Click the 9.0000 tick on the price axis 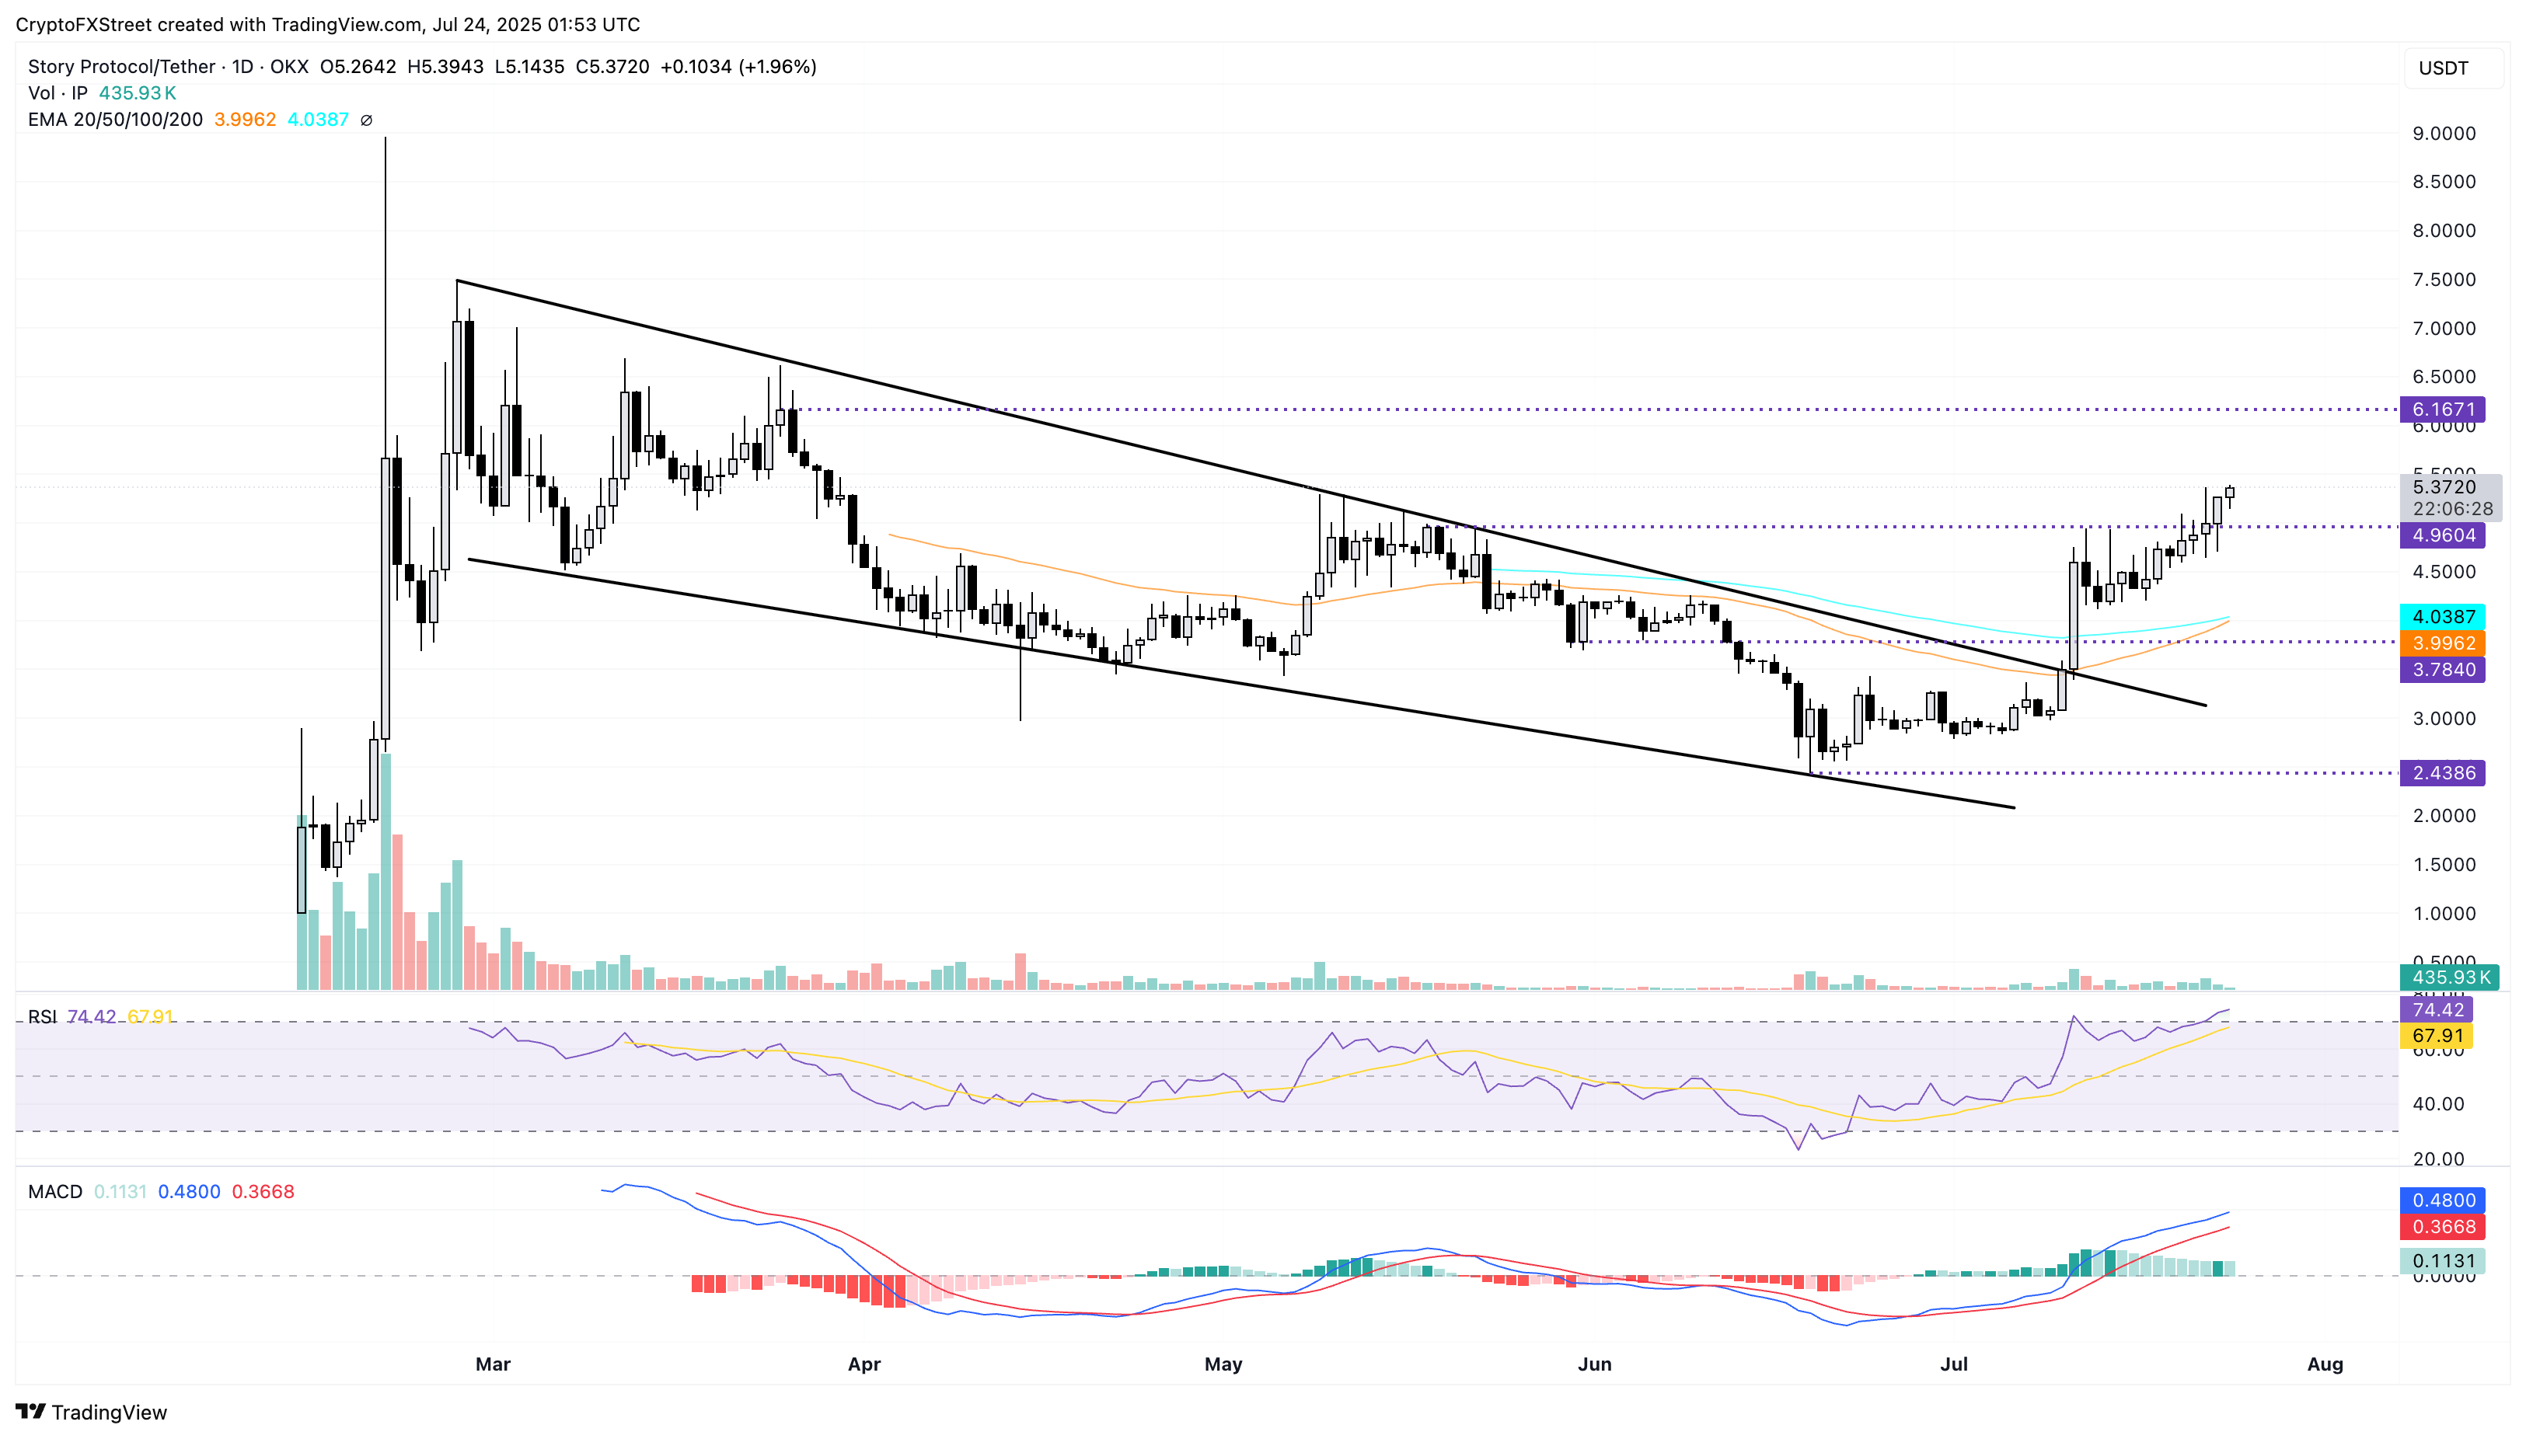[x=2443, y=134]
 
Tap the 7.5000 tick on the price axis [x=2443, y=280]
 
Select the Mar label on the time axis [x=492, y=1364]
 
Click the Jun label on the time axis [x=1593, y=1364]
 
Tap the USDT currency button [x=2443, y=68]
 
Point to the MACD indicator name [x=55, y=1192]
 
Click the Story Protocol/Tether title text [x=121, y=66]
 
